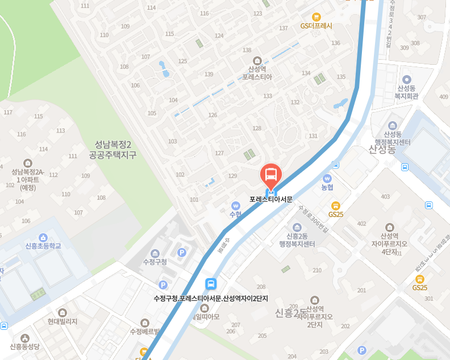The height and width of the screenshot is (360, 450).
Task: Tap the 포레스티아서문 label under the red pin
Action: point(271,200)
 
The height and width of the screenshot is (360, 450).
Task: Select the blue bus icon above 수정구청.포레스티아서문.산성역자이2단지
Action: point(211,284)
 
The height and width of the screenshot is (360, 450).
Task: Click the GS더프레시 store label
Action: point(316,26)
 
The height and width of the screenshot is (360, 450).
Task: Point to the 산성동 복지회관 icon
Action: point(406,80)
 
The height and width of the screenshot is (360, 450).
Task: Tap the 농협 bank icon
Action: point(327,177)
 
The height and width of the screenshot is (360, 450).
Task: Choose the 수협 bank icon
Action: point(235,205)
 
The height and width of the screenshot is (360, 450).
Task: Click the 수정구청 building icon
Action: point(155,253)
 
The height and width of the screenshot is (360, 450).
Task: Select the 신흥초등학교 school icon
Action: point(43,237)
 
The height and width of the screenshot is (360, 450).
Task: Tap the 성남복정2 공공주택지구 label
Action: point(113,150)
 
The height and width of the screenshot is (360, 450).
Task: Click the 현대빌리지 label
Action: point(63,321)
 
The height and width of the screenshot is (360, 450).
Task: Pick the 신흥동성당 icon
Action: point(25,337)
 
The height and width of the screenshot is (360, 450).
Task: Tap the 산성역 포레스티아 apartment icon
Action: point(257,60)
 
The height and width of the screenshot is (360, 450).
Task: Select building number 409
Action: point(444,97)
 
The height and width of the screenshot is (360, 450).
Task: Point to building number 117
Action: point(8,112)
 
